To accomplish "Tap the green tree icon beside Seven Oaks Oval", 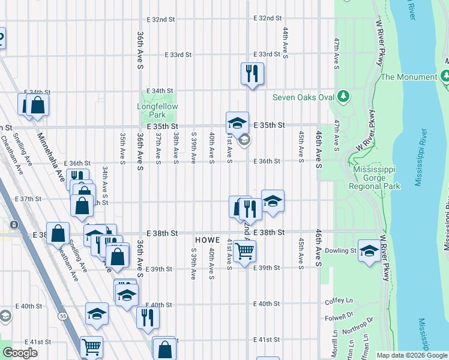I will [343, 96].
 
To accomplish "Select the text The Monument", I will [409, 77].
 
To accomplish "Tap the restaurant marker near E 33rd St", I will [252, 73].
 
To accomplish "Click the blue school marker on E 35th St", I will [237, 122].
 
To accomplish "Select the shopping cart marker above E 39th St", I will [244, 251].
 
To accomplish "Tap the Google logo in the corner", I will [20, 353].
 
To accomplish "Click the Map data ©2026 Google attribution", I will [411, 355].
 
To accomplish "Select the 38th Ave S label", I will [176, 148].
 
